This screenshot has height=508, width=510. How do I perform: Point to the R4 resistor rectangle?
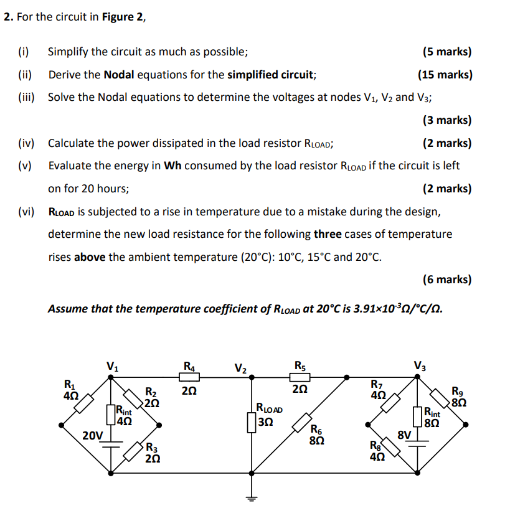click(x=189, y=375)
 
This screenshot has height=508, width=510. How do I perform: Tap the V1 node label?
click(x=111, y=366)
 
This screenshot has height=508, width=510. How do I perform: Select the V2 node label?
click(x=241, y=367)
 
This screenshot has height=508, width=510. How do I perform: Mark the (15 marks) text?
click(x=445, y=75)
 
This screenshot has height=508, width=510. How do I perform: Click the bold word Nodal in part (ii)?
click(x=119, y=75)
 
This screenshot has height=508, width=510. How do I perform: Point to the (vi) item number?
click(x=26, y=212)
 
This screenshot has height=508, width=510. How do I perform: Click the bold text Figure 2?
click(x=127, y=17)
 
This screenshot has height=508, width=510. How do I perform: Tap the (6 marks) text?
click(x=446, y=280)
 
